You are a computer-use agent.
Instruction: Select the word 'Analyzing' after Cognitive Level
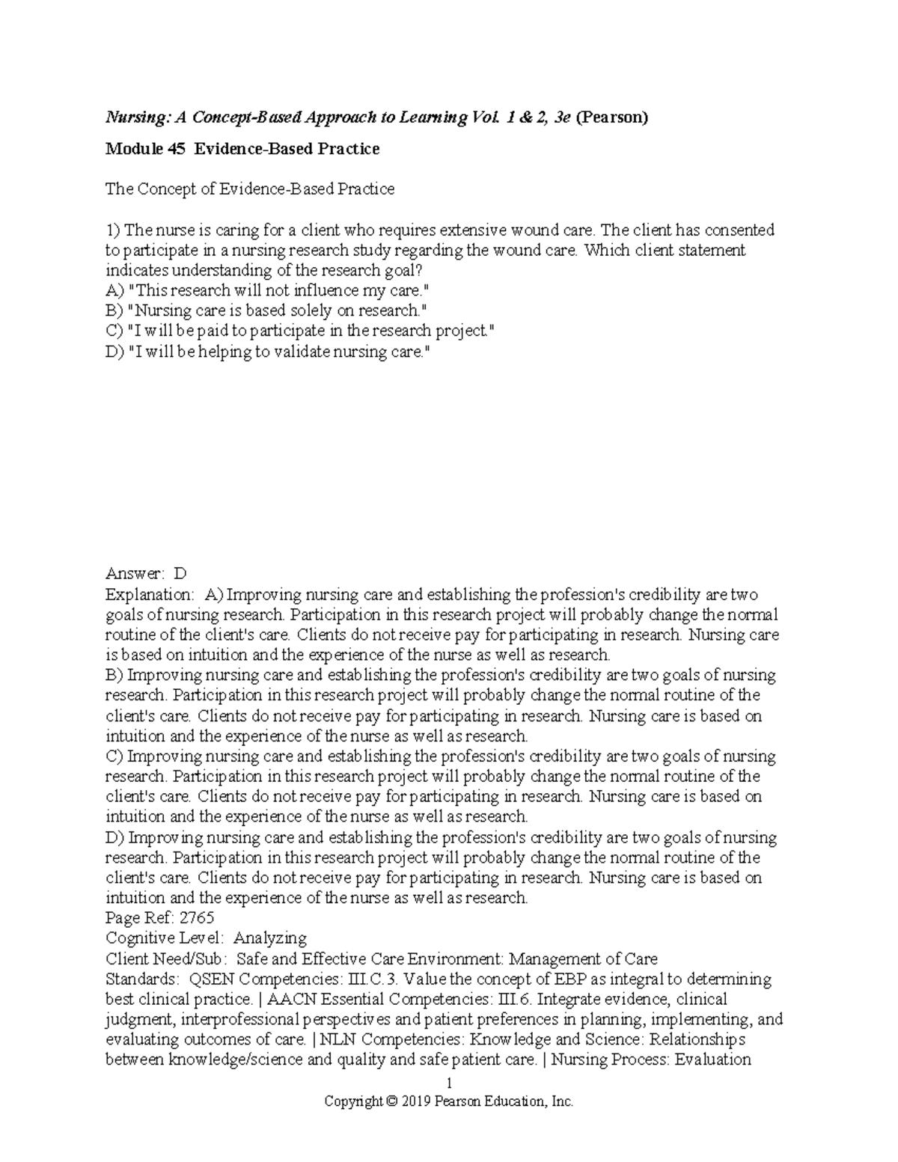pyautogui.click(x=270, y=938)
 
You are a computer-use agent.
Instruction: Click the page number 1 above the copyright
pyautogui.click(x=449, y=1083)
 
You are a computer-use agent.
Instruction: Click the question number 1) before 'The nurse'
pyautogui.click(x=113, y=230)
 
